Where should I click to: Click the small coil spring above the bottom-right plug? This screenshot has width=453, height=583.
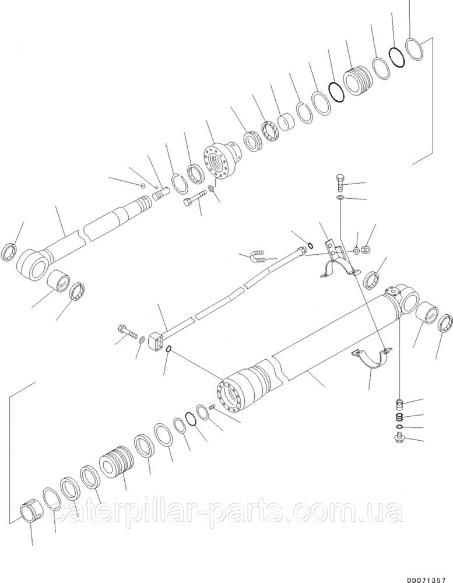coord(399,417)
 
